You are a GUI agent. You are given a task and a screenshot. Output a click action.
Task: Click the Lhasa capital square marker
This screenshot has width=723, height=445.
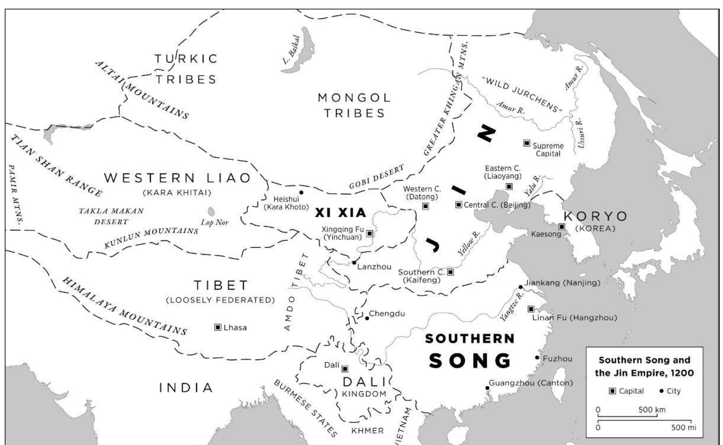[217, 327]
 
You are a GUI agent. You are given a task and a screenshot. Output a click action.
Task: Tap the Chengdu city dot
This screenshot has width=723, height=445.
[367, 318]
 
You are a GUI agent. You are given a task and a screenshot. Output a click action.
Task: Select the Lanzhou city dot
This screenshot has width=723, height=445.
[354, 262]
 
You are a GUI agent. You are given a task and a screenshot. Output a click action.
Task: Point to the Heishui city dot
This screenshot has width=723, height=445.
[301, 193]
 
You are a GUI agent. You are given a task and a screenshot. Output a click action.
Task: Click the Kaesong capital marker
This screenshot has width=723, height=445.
[562, 227]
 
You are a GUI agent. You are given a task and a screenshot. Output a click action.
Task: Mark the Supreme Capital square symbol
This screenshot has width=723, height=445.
[527, 143]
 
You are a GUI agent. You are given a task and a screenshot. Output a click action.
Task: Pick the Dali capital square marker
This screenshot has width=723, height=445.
[345, 368]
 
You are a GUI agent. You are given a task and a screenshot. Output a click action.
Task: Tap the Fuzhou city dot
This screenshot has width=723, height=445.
[537, 358]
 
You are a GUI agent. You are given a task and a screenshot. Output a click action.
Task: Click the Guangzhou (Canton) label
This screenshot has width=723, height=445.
[531, 383]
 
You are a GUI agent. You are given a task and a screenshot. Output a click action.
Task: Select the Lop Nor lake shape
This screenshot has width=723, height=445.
[211, 211]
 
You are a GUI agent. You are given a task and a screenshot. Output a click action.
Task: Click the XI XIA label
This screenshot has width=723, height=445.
[341, 213]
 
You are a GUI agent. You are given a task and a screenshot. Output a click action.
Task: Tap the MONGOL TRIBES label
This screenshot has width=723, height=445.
[354, 105]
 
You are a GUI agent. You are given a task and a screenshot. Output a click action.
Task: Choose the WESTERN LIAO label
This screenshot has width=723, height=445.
[177, 178]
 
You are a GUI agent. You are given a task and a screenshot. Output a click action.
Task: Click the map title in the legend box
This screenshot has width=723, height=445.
[644, 366]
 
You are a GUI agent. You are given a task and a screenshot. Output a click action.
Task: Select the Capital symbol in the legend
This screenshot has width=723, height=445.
[612, 391]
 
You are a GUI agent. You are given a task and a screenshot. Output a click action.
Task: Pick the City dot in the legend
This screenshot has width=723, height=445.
[661, 391]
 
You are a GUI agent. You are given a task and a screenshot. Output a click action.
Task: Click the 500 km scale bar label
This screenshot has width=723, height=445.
[652, 409]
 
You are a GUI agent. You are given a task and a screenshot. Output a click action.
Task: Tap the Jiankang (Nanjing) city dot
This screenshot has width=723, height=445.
[521, 287]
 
